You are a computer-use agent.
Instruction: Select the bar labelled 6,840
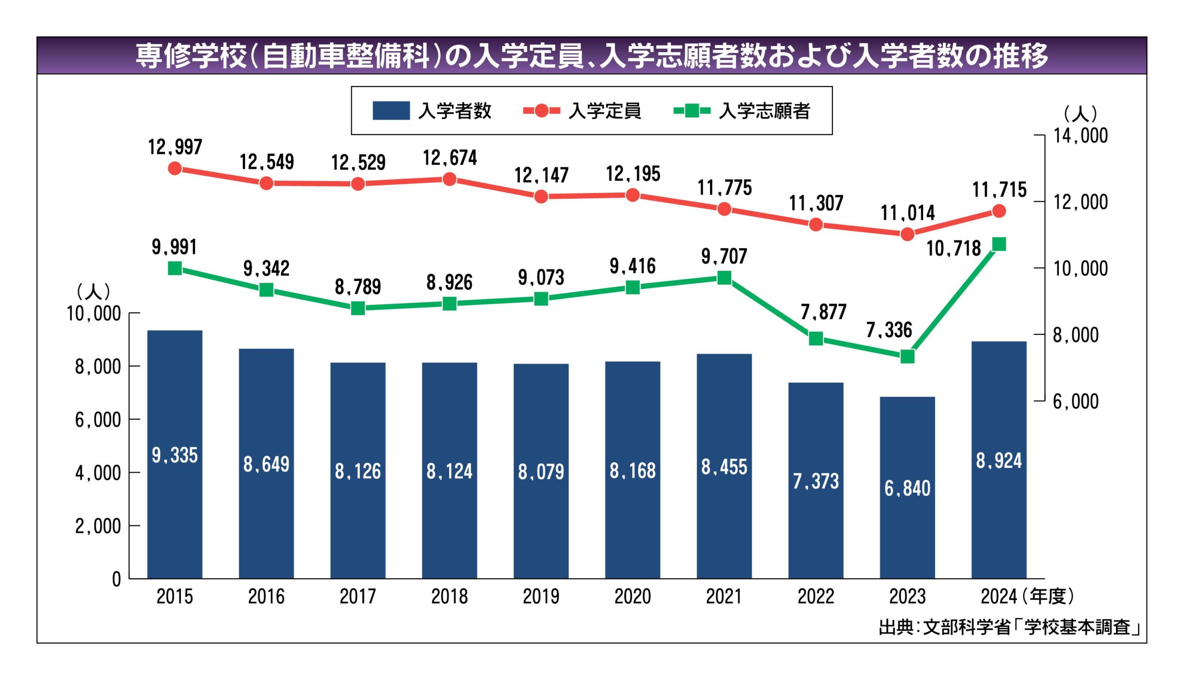coord(907,487)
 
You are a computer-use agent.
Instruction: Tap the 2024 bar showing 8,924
coord(999,460)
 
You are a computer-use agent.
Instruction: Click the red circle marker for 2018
coord(449,179)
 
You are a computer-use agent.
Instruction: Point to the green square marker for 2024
coord(999,244)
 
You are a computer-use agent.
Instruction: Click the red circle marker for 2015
coord(175,169)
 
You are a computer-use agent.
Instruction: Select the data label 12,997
coord(175,147)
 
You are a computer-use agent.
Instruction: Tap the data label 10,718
coord(953,249)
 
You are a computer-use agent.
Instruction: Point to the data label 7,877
coord(823,312)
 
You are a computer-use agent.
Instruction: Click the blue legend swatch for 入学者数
coord(391,111)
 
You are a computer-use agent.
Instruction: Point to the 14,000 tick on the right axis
coord(1080,135)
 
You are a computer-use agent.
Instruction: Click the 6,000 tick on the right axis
coord(1075,401)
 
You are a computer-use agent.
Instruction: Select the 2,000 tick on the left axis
coord(98,526)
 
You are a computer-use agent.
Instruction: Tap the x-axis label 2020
coord(632,596)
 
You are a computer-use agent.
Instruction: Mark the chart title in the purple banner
coord(591,55)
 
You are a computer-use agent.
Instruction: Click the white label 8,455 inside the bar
coord(724,467)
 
